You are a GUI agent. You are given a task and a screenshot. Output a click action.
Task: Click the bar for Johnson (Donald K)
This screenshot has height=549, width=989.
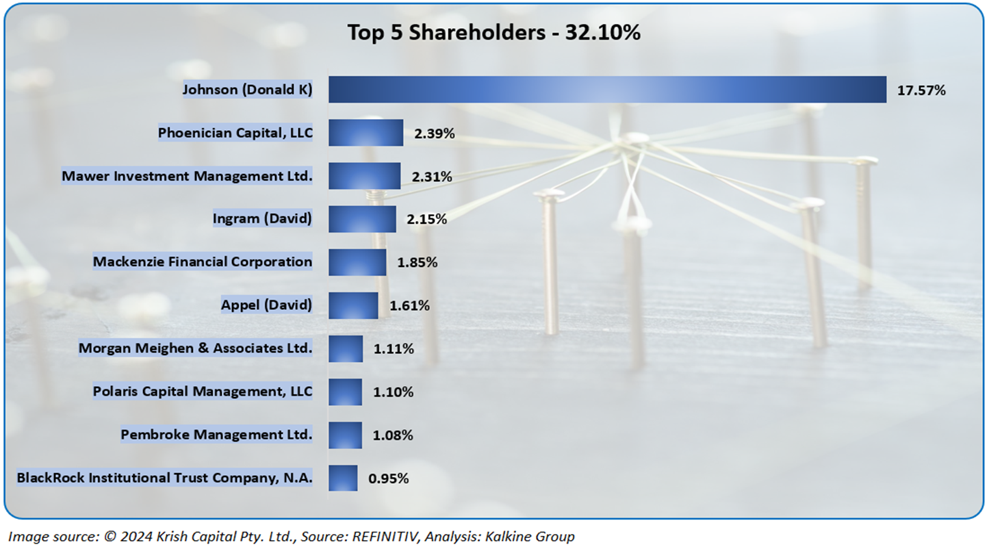(607, 90)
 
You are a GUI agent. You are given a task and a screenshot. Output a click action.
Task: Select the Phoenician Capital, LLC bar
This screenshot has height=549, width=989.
(365, 133)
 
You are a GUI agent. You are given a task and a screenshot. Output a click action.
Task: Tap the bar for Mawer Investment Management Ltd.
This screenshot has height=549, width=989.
(364, 176)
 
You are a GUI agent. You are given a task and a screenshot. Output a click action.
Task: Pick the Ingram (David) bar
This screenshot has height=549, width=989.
(362, 219)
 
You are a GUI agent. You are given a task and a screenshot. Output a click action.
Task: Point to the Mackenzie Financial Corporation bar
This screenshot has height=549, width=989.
(357, 262)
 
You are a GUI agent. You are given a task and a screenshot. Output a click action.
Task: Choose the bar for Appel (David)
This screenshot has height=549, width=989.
(353, 305)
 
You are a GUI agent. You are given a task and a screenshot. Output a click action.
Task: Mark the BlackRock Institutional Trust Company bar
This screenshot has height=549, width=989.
(343, 478)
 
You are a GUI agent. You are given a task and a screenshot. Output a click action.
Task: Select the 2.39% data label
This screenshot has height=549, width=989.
(434, 133)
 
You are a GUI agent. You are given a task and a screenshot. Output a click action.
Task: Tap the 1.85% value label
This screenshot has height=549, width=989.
(417, 263)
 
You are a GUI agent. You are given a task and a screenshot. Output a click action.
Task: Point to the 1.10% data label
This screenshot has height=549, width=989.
(393, 392)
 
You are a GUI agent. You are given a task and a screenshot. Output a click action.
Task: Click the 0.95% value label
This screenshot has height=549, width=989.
(388, 478)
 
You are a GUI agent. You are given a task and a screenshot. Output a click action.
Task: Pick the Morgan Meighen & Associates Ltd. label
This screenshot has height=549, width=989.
(195, 348)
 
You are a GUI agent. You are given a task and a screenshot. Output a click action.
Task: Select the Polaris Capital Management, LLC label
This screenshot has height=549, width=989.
(203, 392)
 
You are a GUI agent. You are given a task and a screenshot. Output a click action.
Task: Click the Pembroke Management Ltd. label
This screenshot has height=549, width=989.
(216, 435)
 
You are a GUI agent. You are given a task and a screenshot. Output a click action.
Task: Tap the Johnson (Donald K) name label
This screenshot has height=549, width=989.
(247, 90)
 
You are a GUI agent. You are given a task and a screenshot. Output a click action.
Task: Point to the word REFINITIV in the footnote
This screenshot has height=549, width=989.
(384, 537)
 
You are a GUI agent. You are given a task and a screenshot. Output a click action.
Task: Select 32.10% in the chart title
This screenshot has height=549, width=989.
(602, 32)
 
